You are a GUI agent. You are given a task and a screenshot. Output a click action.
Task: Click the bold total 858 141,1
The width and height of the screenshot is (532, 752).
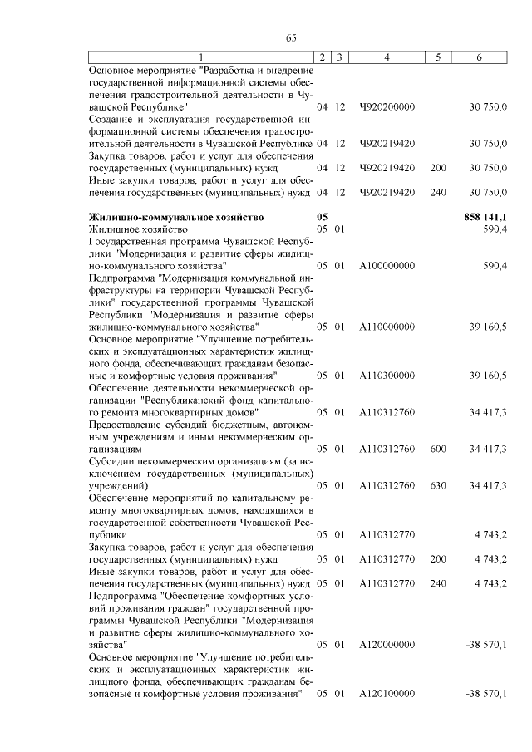coord(485,217)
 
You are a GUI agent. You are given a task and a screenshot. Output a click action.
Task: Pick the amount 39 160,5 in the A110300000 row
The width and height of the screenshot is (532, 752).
coord(488,376)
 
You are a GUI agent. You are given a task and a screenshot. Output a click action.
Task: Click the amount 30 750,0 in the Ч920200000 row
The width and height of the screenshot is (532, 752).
coord(488,108)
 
